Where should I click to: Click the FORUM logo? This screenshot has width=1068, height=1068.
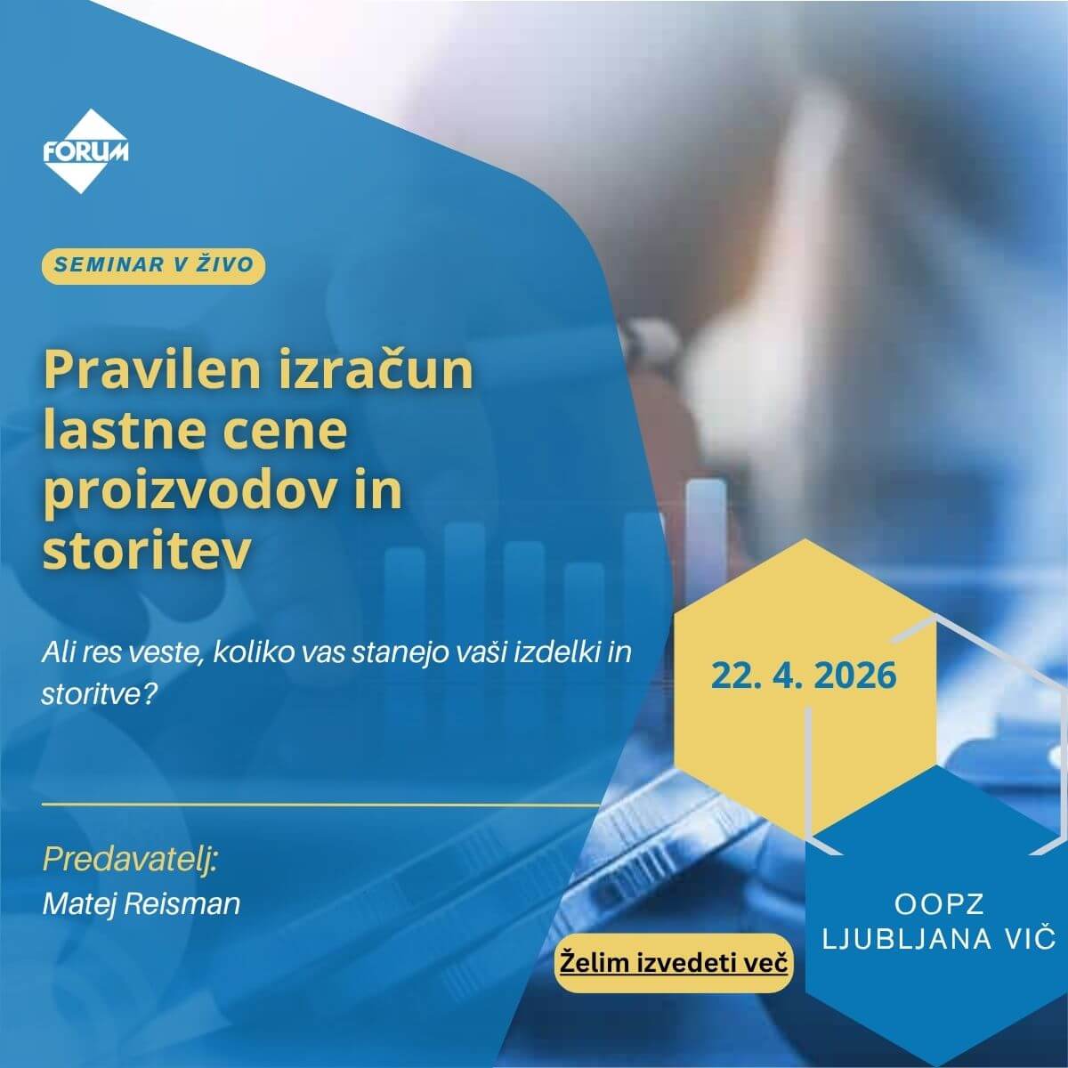[x=85, y=151]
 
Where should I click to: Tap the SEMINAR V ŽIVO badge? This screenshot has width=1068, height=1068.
[x=153, y=264]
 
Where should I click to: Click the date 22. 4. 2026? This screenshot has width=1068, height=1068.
[x=803, y=675]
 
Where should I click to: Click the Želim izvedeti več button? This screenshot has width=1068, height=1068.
[x=674, y=962]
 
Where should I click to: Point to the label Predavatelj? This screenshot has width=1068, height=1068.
[x=130, y=861]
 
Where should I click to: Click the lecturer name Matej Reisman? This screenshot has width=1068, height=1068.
[x=142, y=904]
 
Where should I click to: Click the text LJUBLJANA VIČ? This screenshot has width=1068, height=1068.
[x=939, y=937]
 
